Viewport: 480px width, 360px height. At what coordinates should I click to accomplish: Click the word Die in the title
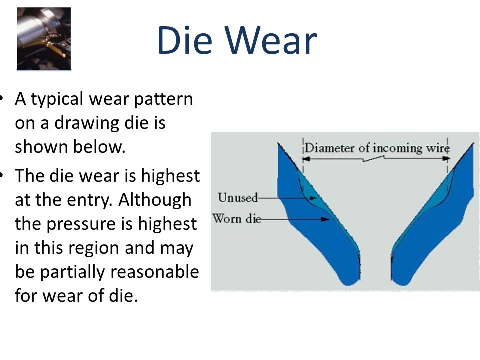[184, 40]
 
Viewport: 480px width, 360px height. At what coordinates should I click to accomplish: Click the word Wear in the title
[271, 40]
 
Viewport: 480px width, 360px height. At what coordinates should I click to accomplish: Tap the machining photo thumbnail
[44, 39]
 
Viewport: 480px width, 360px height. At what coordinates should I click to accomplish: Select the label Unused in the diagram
[238, 198]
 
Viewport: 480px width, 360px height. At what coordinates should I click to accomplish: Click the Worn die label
[237, 219]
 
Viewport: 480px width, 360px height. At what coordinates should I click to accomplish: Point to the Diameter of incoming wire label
[377, 148]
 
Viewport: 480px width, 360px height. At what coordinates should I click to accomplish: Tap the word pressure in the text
[81, 225]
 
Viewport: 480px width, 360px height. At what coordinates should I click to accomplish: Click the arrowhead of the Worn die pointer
[325, 219]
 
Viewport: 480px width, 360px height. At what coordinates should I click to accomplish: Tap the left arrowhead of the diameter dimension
[306, 159]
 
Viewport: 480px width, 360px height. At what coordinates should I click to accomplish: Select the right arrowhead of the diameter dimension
[446, 159]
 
